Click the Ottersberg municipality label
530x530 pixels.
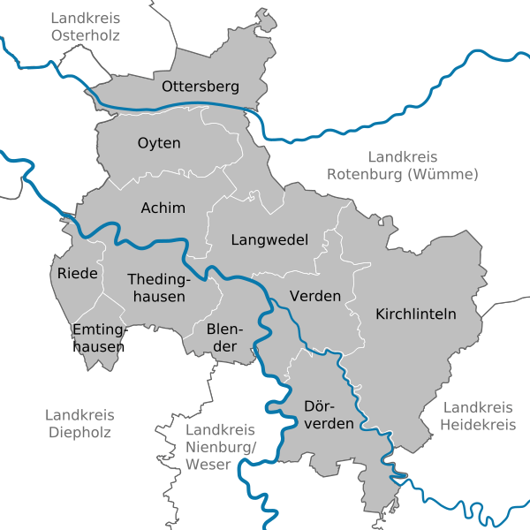point(201,87)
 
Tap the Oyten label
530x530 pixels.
point(159,143)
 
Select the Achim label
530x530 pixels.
point(163,208)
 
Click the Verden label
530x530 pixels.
point(315,296)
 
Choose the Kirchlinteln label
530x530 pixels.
point(415,314)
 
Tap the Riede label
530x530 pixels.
point(78,273)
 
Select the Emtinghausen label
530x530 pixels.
point(98,338)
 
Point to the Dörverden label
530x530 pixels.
point(329,415)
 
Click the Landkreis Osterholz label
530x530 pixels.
point(86,26)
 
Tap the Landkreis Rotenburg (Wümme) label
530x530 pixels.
point(403,165)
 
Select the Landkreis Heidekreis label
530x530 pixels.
point(478,416)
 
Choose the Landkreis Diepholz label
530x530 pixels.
point(79,423)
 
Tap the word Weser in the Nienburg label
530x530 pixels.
point(209,464)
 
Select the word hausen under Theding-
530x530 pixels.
point(159,297)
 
